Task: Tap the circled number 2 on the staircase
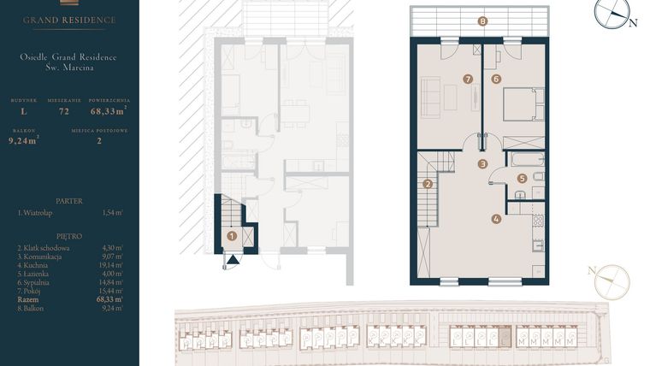[428, 183]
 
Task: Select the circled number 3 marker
[482, 164]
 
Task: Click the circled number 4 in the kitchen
[496, 218]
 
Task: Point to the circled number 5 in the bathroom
[522, 179]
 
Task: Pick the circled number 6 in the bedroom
[496, 80]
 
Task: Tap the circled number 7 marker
[467, 80]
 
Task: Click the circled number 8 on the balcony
[483, 21]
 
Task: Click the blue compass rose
[612, 12]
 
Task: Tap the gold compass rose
[612, 282]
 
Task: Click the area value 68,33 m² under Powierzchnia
[109, 110]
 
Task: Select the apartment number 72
[63, 110]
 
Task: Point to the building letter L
[24, 110]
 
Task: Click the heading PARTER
[68, 201]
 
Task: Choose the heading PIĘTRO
[68, 234]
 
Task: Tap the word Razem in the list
[28, 299]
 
